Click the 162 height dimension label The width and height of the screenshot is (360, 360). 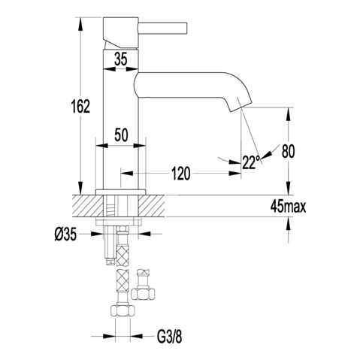(x=80, y=106)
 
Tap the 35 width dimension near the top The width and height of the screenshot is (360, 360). (x=121, y=59)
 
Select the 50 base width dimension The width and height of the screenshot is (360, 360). (x=121, y=135)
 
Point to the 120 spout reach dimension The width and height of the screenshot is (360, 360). (x=181, y=174)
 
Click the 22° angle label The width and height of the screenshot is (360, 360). (x=250, y=162)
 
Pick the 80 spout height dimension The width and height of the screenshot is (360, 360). (x=289, y=151)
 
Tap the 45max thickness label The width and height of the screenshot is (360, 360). (x=288, y=207)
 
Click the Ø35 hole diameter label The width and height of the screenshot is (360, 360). (x=65, y=234)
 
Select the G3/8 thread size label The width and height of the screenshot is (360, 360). (x=169, y=337)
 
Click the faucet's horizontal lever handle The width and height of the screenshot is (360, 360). (x=163, y=28)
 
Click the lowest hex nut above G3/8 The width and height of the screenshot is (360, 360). (x=123, y=310)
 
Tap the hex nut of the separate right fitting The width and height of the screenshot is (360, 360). (x=144, y=294)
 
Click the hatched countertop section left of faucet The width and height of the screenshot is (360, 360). (x=88, y=205)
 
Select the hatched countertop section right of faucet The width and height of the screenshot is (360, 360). (x=152, y=205)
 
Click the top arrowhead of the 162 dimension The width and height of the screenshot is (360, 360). (x=80, y=23)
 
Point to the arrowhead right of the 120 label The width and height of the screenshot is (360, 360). (x=235, y=173)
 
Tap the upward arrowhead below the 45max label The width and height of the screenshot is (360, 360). (x=289, y=223)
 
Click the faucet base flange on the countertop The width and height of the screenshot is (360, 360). (x=121, y=192)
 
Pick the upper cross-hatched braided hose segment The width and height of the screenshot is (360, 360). (x=123, y=255)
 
